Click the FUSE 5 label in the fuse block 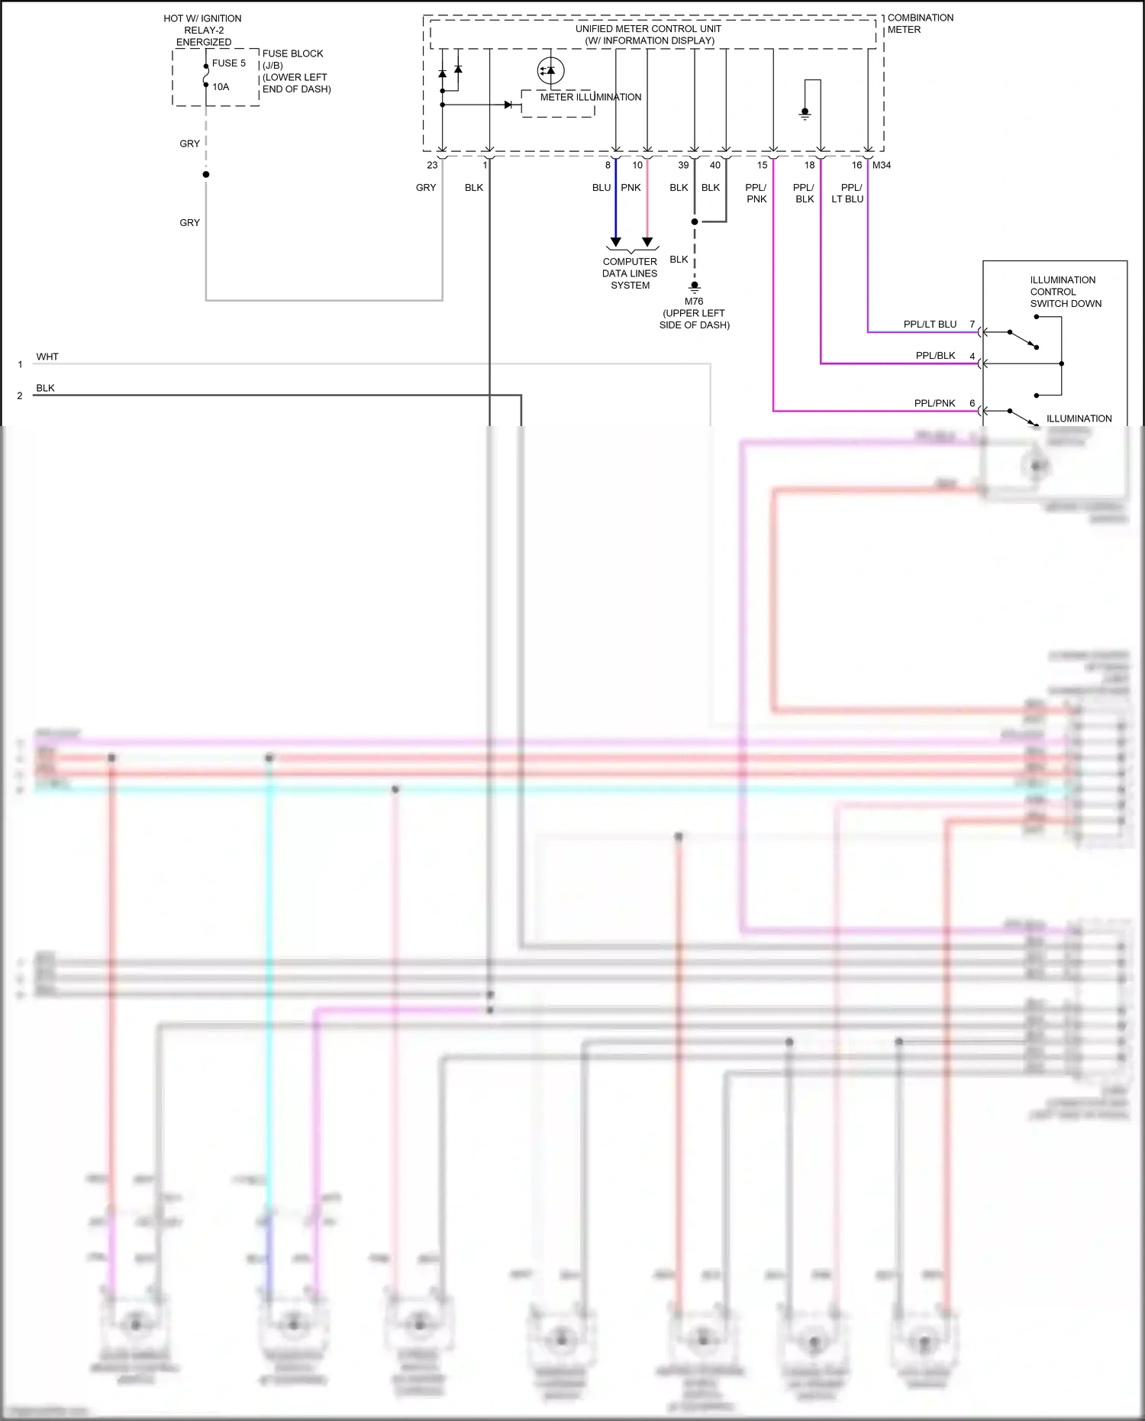click(228, 63)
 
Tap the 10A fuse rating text click(221, 87)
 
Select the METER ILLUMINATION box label click(590, 97)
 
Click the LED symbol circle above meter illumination click(550, 71)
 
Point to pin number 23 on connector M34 click(432, 165)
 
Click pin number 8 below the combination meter click(608, 165)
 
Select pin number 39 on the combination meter click(683, 165)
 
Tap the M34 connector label click(882, 165)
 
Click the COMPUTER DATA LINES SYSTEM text click(630, 273)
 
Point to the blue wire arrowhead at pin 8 click(616, 242)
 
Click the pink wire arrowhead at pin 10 click(647, 242)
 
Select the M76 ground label click(694, 302)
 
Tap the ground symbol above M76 click(695, 287)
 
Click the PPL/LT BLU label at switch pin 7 click(930, 325)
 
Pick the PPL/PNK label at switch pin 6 click(934, 403)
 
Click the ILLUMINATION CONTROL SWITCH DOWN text click(1065, 292)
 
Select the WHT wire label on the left click(47, 357)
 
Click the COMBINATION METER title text click(920, 24)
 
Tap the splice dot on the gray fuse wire click(206, 175)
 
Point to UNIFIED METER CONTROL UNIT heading click(648, 29)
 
